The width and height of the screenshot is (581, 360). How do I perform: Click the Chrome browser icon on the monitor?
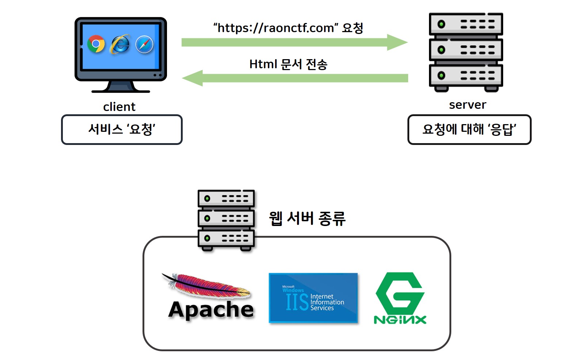[96, 44]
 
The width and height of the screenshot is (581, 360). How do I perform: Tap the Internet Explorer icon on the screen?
[121, 45]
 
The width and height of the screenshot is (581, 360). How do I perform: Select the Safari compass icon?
[145, 45]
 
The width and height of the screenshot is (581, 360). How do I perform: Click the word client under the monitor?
[119, 107]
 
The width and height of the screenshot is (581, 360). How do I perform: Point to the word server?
[467, 105]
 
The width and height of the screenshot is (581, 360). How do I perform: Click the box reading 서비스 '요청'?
[122, 130]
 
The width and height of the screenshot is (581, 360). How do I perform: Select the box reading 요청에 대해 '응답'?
[469, 130]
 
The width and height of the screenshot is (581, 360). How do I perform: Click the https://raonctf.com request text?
[288, 28]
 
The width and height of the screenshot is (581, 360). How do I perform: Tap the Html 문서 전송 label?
[288, 64]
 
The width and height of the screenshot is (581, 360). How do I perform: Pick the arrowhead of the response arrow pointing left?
[192, 78]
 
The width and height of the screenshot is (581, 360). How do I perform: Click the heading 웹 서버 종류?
[307, 218]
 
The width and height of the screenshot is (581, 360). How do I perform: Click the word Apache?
[211, 310]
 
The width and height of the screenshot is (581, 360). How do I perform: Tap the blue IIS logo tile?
[313, 298]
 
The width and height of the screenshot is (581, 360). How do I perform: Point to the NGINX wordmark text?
[400, 320]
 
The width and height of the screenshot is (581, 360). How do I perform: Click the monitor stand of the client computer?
[121, 87]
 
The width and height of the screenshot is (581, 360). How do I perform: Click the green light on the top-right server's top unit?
[441, 24]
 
